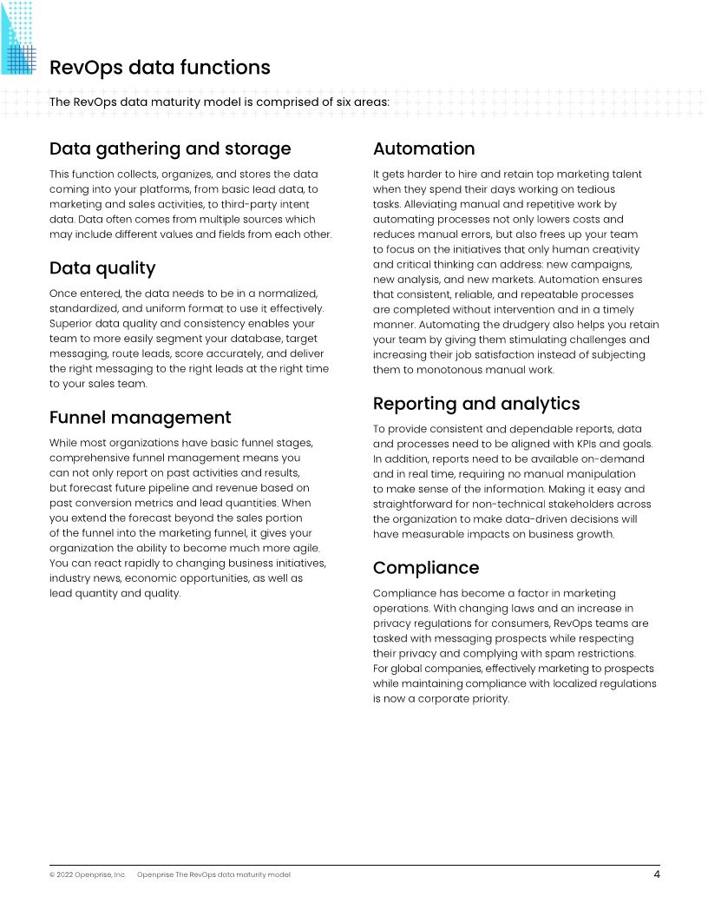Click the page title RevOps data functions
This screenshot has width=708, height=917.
(160, 68)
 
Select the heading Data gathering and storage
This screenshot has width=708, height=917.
(170, 148)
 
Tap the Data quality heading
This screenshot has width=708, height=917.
(102, 267)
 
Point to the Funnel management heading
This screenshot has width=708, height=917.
(141, 418)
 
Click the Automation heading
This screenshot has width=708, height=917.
(423, 148)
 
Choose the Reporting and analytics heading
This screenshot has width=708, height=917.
(476, 404)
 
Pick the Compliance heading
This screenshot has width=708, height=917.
(426, 568)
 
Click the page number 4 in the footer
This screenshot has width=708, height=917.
(657, 874)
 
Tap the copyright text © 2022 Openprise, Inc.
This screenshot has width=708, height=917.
(88, 875)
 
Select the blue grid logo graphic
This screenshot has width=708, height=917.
(19, 39)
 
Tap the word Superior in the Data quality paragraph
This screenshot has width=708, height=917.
(73, 323)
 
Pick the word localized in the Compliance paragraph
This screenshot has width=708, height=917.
(564, 683)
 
